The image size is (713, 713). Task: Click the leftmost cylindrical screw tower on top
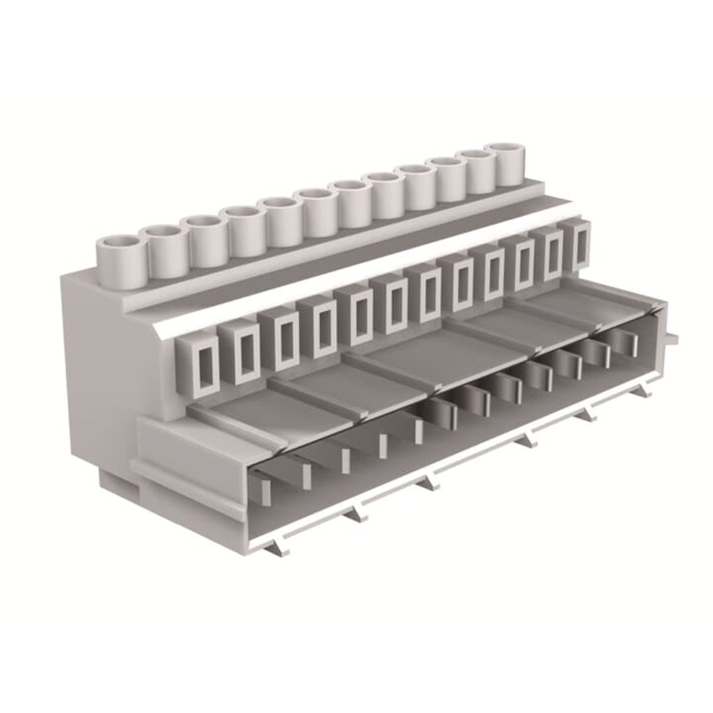pos(121,260)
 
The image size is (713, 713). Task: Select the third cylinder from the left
pos(207,237)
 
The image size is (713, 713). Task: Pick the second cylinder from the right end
pos(476,172)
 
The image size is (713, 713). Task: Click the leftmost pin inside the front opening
pos(262,493)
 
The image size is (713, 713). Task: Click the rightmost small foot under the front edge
pos(646,389)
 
